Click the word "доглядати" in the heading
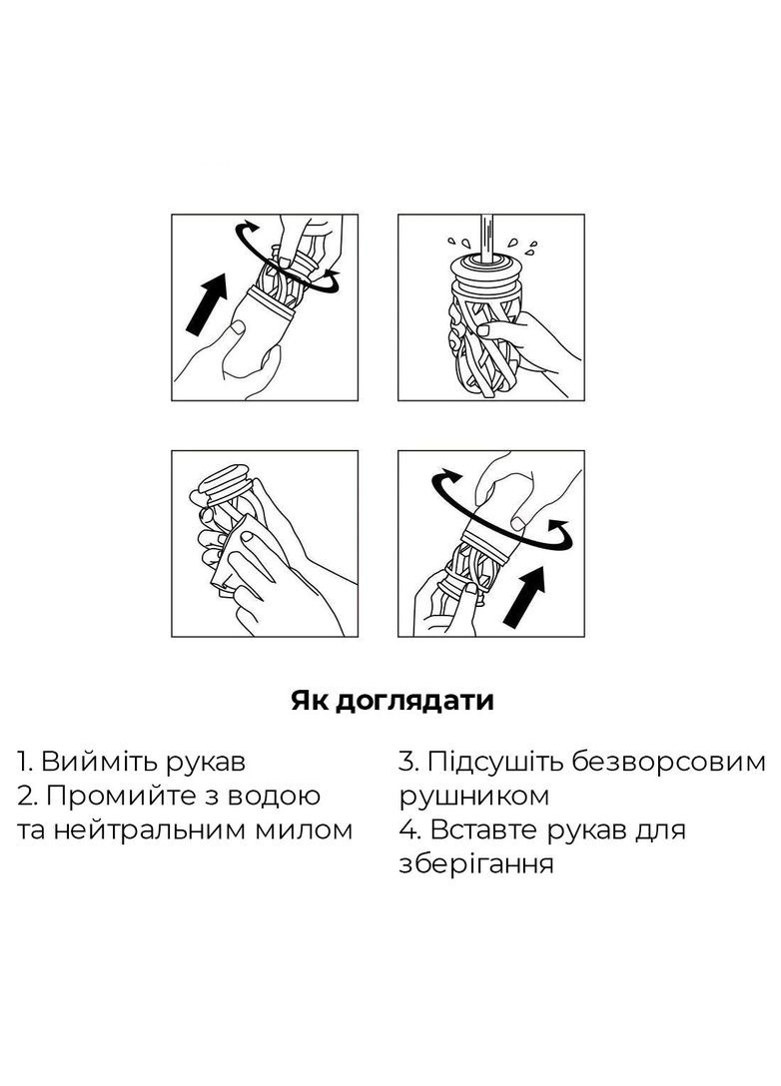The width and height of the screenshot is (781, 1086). coord(413,702)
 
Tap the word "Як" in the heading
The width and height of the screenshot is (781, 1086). coord(309,701)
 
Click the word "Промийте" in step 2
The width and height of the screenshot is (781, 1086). coord(123,797)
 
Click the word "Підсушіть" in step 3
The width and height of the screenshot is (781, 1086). coord(497,762)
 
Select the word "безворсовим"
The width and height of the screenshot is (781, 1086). coord(670,762)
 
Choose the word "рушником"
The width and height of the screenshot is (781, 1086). coord(474,797)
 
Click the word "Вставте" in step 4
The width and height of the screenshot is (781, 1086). coord(485,829)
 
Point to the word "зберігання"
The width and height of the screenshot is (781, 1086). coord(476,864)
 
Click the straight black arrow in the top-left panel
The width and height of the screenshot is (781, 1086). coord(207,304)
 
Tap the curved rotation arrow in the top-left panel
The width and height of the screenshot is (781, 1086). coord(288,258)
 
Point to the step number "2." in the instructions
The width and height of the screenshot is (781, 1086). coord(28,797)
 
